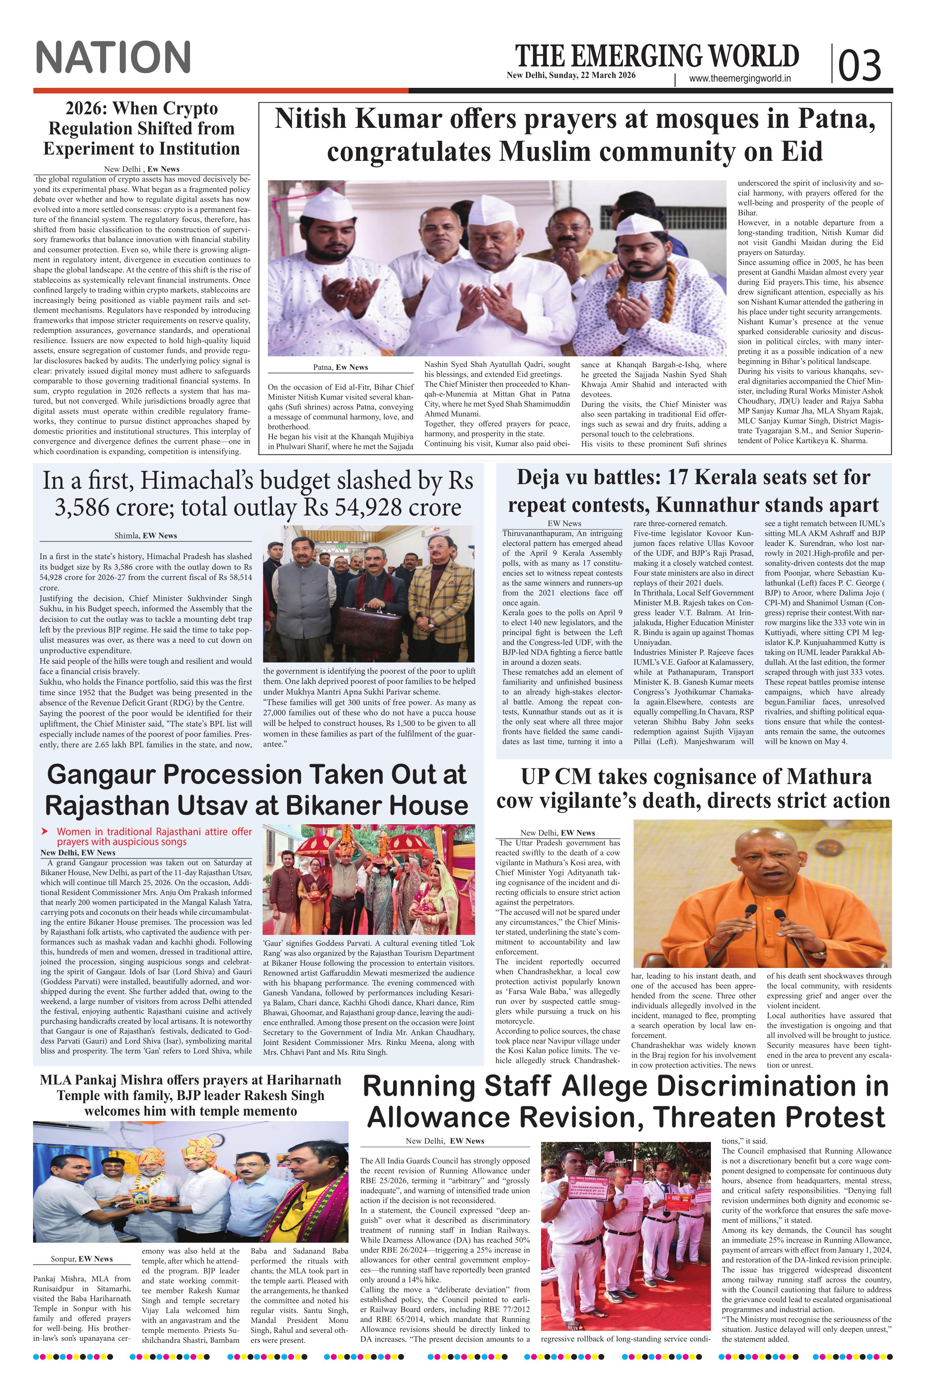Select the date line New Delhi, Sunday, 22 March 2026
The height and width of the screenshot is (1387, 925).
tap(571, 75)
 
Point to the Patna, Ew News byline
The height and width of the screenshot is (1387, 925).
tap(340, 367)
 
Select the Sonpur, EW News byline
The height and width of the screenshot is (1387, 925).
tap(81, 1259)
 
